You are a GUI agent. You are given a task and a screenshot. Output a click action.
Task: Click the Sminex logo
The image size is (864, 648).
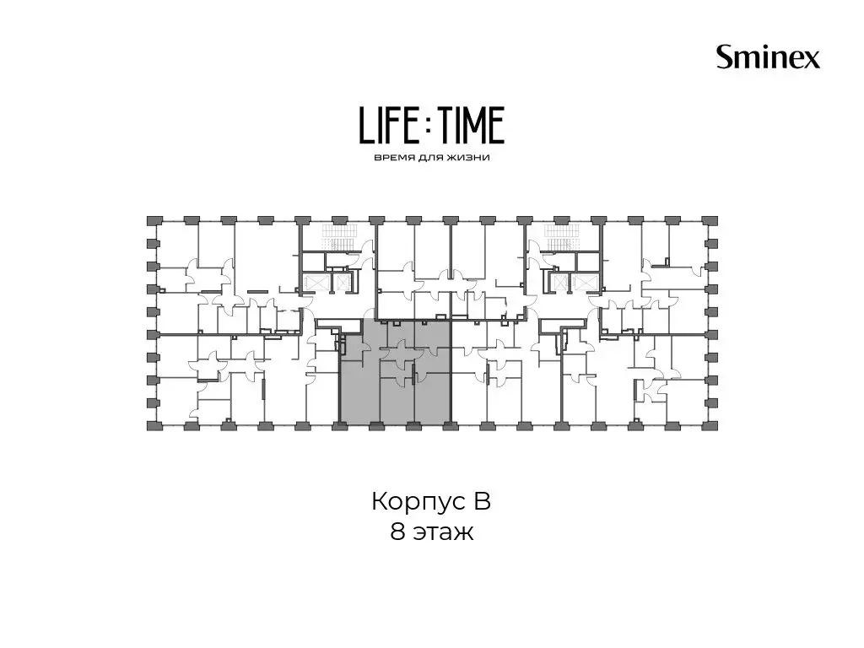768,57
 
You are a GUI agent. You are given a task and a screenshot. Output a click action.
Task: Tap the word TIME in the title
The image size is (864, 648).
473,126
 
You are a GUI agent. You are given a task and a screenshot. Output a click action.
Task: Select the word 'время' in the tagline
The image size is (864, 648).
391,158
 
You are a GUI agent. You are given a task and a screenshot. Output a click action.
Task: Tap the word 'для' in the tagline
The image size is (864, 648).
429,158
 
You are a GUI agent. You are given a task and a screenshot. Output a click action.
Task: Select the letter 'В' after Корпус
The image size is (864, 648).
481,501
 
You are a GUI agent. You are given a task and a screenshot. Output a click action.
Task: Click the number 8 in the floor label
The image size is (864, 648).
397,532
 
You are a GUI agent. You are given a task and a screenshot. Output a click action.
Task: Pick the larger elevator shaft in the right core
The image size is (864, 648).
583,282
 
